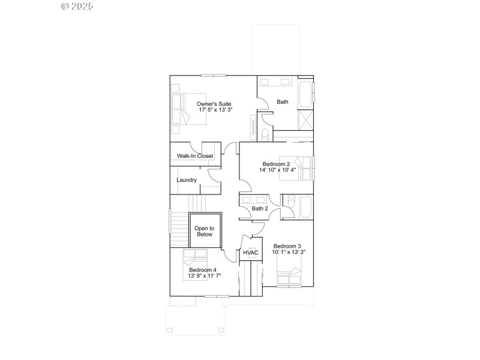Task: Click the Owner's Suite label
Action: tap(214, 104)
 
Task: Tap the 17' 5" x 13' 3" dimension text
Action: tap(214, 110)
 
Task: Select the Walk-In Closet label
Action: tap(195, 156)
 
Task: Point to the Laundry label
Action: tap(187, 180)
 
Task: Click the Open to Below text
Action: tap(205, 231)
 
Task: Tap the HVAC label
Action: tap(251, 253)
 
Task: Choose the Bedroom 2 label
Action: tap(276, 164)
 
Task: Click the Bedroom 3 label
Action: tap(287, 246)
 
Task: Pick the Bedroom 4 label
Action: tap(202, 270)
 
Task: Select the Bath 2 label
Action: tap(260, 209)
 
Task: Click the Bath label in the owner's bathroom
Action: tap(283, 102)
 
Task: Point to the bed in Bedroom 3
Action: tap(289, 278)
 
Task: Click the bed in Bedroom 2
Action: tap(305, 169)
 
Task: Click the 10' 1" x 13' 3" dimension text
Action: tap(289, 253)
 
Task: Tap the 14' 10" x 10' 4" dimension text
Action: tap(277, 170)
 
